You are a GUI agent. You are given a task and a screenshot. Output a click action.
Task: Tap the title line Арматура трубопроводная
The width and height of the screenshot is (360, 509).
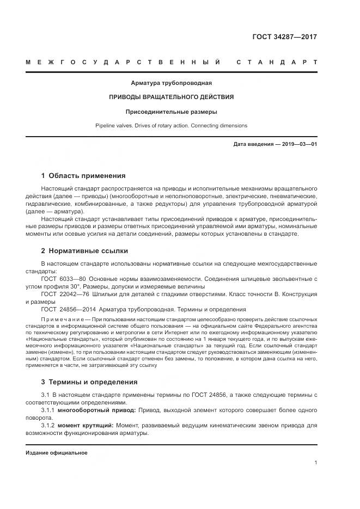click(171, 83)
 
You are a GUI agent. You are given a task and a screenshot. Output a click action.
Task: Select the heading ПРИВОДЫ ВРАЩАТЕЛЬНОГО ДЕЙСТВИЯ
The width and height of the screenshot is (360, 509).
click(171, 97)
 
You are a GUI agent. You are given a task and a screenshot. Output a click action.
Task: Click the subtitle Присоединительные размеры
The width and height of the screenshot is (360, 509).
click(171, 112)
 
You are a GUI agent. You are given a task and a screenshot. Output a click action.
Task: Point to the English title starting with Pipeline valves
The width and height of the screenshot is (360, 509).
click(171, 126)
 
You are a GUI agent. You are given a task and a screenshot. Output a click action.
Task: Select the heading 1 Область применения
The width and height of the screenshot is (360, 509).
click(83, 176)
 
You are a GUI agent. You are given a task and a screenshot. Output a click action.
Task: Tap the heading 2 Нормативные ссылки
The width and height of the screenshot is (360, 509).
click(84, 251)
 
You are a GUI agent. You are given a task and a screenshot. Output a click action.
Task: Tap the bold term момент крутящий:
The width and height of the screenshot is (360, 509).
click(86, 425)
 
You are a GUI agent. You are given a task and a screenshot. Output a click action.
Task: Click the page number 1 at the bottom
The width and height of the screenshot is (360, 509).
click(316, 463)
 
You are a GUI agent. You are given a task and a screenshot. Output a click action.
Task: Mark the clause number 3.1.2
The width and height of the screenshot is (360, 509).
click(48, 425)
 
